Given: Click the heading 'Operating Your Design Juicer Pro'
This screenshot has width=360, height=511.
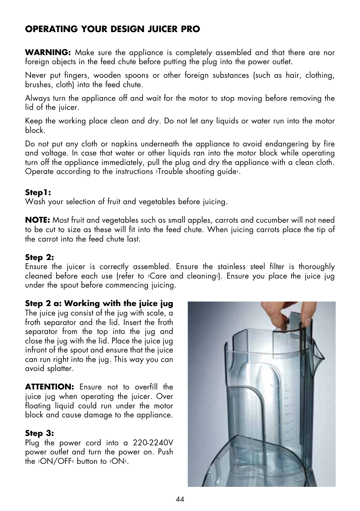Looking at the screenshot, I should coord(112,29).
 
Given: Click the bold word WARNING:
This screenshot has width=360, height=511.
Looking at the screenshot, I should coord(48,52).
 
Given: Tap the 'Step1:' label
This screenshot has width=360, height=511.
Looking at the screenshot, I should coord(38,192).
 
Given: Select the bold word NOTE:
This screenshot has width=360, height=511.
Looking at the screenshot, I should coord(37,220).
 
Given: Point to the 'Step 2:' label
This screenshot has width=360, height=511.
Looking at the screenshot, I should coord(39,257).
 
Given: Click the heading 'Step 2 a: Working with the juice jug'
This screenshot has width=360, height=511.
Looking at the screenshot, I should coord(99,303).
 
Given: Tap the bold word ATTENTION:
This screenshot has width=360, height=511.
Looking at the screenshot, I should coord(49,387).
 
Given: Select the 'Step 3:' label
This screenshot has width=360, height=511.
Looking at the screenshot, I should coord(39,433).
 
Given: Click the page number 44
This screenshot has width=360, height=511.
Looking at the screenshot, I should coord(180,499).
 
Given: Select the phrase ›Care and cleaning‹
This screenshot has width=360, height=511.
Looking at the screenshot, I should coord(183,276).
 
